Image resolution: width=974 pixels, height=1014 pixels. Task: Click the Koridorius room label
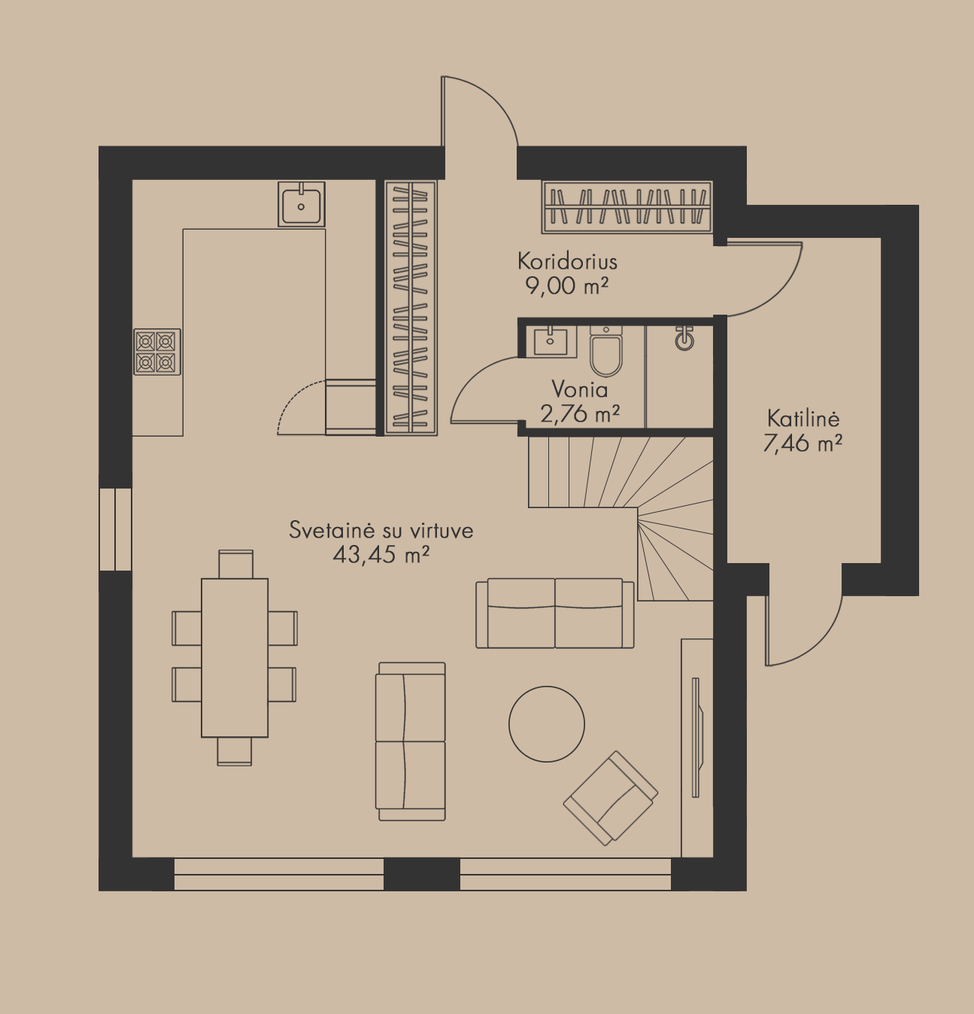pos(567,261)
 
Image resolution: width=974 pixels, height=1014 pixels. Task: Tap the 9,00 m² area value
pos(567,286)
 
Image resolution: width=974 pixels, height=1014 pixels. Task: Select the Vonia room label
pos(579,389)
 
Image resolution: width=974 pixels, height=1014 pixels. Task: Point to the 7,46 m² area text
pos(803,443)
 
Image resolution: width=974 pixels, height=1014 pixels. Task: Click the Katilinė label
pos(803,419)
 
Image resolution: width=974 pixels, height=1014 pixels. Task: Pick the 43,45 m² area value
pos(381,555)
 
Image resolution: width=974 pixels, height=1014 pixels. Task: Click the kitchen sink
pos(302,204)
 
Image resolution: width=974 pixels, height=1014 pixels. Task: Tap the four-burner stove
pos(157,352)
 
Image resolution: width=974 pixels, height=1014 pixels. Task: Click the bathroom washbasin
pos(551,341)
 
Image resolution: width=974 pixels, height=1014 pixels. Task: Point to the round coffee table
pos(547,724)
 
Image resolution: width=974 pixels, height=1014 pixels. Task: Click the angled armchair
pos(611,798)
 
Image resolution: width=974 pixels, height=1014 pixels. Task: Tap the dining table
pos(235,658)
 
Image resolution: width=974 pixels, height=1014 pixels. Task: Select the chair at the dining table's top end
pos(236,564)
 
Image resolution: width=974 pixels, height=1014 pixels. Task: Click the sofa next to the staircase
pos(555,614)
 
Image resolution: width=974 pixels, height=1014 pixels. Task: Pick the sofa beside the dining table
pos(411,741)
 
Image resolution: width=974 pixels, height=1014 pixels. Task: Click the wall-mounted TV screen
pos(696,737)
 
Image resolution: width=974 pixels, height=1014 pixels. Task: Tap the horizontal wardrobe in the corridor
pos(627,207)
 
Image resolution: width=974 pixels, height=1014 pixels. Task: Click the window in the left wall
pos(115,529)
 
